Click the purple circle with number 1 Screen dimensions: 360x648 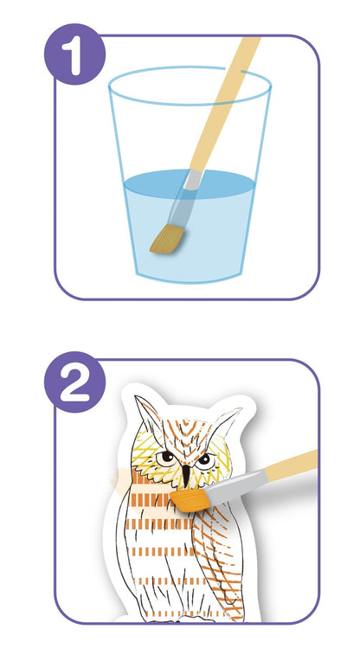tap(74, 55)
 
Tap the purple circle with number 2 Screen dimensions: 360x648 tap(74, 382)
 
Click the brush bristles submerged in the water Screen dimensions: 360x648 tap(167, 239)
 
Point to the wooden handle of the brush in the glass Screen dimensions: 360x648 tap(225, 104)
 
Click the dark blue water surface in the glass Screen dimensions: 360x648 tap(190, 184)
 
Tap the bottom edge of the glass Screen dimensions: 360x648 tap(190, 281)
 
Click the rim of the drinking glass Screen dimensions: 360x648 tap(190, 86)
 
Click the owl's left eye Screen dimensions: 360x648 tap(167, 458)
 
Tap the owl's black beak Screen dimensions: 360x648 tap(186, 475)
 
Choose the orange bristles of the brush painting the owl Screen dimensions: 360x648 tap(191, 499)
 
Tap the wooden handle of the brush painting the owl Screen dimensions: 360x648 tap(290, 465)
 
